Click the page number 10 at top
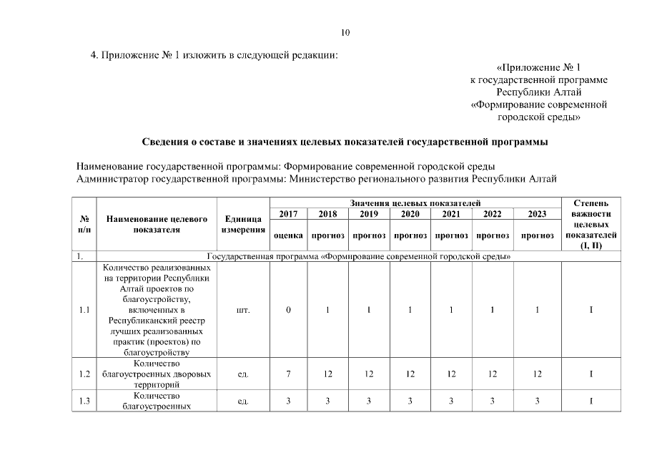pyautogui.click(x=345, y=32)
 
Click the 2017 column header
pyautogui.click(x=288, y=214)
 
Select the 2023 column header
pyautogui.click(x=537, y=214)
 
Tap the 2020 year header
pyautogui.click(x=410, y=214)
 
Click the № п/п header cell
pyautogui.click(x=84, y=224)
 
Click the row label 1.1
pyautogui.click(x=84, y=310)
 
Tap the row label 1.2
pyautogui.click(x=84, y=374)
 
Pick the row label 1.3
pyautogui.click(x=84, y=401)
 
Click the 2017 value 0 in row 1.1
pyautogui.click(x=288, y=310)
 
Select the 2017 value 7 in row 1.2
pyautogui.click(x=288, y=374)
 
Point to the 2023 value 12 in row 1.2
pyautogui.click(x=537, y=374)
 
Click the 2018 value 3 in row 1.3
pyautogui.click(x=327, y=401)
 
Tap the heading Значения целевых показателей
pyautogui.click(x=415, y=204)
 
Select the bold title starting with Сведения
pyautogui.click(x=345, y=142)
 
